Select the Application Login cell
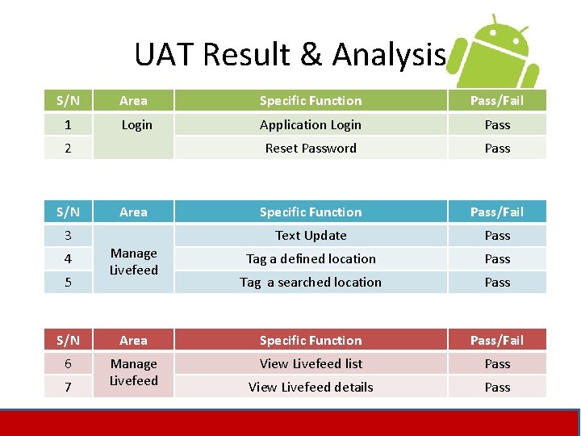tap(311, 125)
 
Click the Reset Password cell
tap(311, 149)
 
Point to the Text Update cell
tap(311, 236)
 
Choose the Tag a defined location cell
tap(311, 259)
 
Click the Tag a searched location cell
tap(311, 283)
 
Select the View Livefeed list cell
tap(311, 364)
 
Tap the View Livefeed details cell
tap(311, 388)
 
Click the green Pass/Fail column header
tap(497, 101)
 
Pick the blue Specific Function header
tap(311, 212)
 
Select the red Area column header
tap(134, 341)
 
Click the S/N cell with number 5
tap(68, 283)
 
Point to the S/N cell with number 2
tap(68, 149)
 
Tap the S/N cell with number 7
tap(68, 388)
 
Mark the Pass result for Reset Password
tap(497, 149)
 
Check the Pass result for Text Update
tap(497, 236)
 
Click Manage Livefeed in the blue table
tap(134, 262)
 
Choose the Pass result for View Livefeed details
tap(497, 388)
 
